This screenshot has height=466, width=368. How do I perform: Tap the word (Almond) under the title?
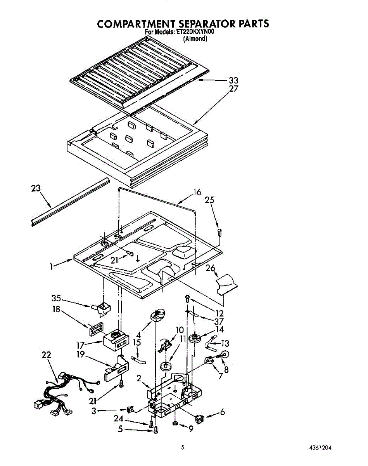pyautogui.click(x=195, y=39)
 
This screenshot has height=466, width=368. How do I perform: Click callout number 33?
pyautogui.click(x=233, y=80)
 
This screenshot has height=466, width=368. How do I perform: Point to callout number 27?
pyautogui.click(x=233, y=89)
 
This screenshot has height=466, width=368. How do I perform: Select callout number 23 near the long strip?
pyautogui.click(x=36, y=188)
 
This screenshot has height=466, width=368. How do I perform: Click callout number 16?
pyautogui.click(x=197, y=192)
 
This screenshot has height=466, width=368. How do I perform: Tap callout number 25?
pyautogui.click(x=209, y=200)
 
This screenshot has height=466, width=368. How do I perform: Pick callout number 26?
pyautogui.click(x=211, y=268)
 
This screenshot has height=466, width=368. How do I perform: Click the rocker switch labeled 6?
pyautogui.click(x=199, y=419)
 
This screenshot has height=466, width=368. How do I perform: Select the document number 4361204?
pyautogui.click(x=320, y=448)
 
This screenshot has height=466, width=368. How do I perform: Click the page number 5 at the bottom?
pyautogui.click(x=183, y=447)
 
